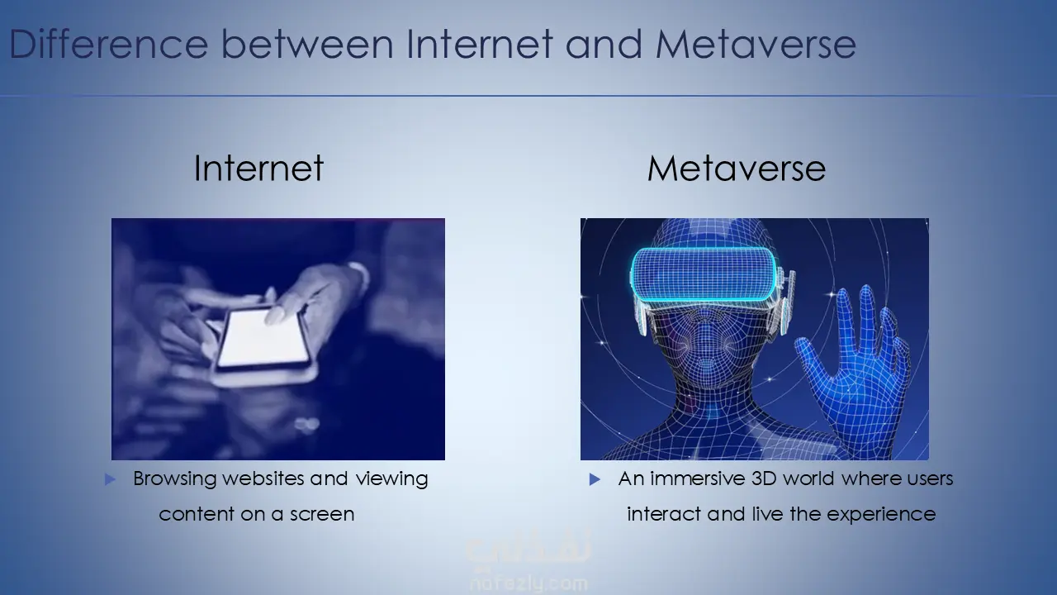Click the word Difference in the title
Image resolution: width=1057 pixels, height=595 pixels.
pyautogui.click(x=108, y=44)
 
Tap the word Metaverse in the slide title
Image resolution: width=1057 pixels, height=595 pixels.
pyautogui.click(x=756, y=44)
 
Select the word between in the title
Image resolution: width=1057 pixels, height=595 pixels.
pyautogui.click(x=307, y=44)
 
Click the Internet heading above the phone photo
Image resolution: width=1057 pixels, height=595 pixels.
pyautogui.click(x=258, y=168)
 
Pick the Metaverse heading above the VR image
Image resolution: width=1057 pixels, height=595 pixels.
pyautogui.click(x=737, y=168)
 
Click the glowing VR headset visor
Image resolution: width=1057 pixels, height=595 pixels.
pyautogui.click(x=704, y=274)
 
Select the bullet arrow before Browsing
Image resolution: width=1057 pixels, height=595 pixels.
pyautogui.click(x=110, y=480)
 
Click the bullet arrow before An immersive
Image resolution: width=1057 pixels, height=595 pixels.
pyautogui.click(x=595, y=480)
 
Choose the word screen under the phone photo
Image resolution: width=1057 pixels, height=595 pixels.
pyautogui.click(x=322, y=514)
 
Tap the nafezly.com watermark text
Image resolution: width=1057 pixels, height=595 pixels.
pyautogui.click(x=529, y=584)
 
